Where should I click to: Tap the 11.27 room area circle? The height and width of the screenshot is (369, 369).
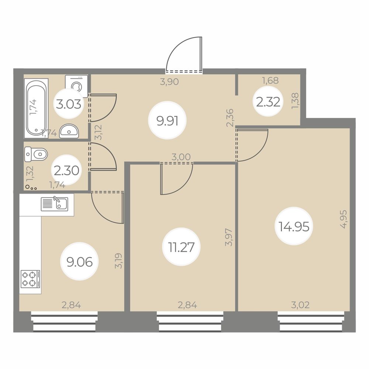181,246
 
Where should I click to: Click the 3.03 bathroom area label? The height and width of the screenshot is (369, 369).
69,104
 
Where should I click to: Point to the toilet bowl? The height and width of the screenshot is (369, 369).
36,154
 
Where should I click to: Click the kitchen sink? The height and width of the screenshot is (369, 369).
54,204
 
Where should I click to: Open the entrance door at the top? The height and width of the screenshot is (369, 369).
184,55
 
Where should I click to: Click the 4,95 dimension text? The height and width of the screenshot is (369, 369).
344,220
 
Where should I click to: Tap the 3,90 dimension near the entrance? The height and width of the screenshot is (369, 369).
169,82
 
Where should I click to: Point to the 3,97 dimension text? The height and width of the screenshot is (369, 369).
229,237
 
